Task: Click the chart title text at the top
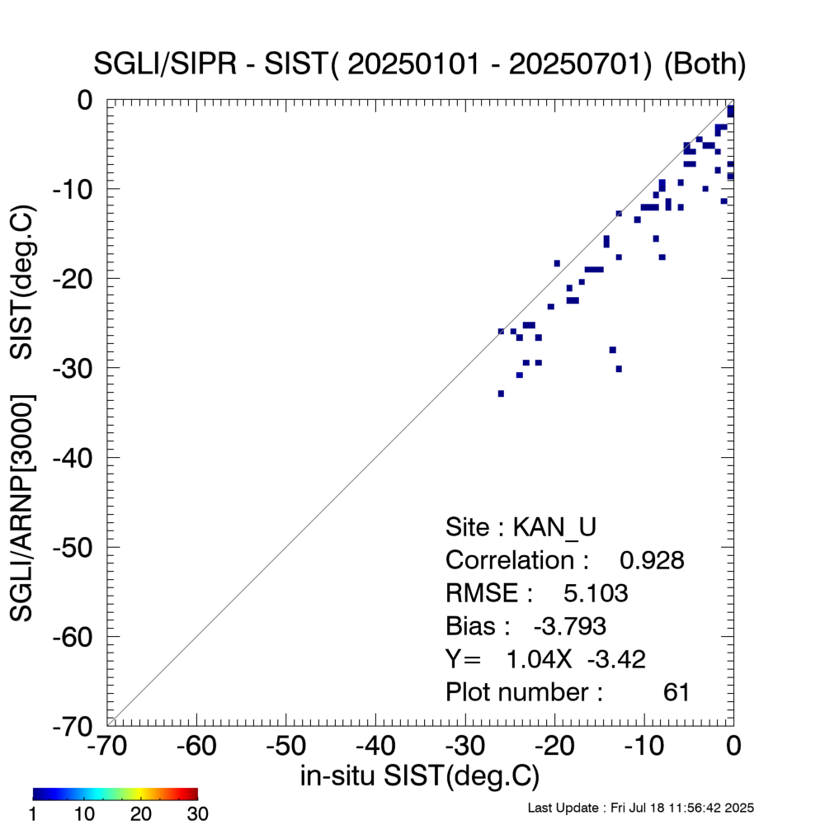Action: coord(421,65)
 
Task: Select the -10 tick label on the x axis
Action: coord(640,747)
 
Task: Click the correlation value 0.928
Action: coord(652,560)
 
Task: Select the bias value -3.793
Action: coord(570,626)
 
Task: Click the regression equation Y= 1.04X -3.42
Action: coord(545,659)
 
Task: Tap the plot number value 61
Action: coord(676,692)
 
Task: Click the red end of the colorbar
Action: coord(193,794)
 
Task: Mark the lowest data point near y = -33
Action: coord(501,394)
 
